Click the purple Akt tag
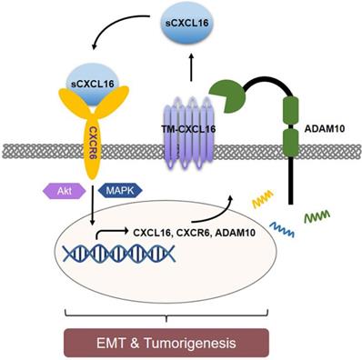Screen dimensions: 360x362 click(x=55, y=192)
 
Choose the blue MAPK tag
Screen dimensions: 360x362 click(x=118, y=192)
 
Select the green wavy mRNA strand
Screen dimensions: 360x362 click(x=316, y=218)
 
